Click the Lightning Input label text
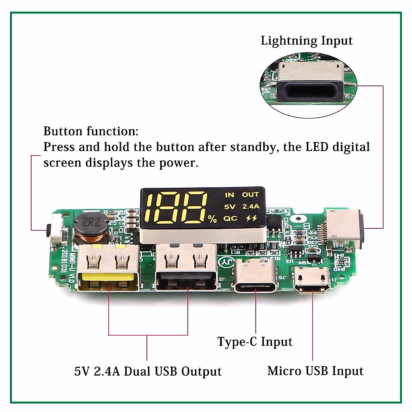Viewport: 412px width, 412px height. [x=306, y=41]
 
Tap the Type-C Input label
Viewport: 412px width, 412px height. [x=255, y=342]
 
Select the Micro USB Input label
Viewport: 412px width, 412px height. [x=315, y=371]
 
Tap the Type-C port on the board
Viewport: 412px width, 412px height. [x=255, y=279]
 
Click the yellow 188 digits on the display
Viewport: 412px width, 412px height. [x=177, y=207]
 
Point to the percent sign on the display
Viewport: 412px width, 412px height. [x=213, y=219]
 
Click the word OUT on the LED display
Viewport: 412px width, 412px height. [x=250, y=195]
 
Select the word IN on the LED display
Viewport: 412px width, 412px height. [x=229, y=195]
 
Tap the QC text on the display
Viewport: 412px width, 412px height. [x=230, y=218]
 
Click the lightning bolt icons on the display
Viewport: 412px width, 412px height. [x=251, y=218]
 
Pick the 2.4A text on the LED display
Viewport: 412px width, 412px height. [x=251, y=206]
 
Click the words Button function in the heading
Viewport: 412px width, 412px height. [x=91, y=131]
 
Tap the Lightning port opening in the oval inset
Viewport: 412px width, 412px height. [x=310, y=92]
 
